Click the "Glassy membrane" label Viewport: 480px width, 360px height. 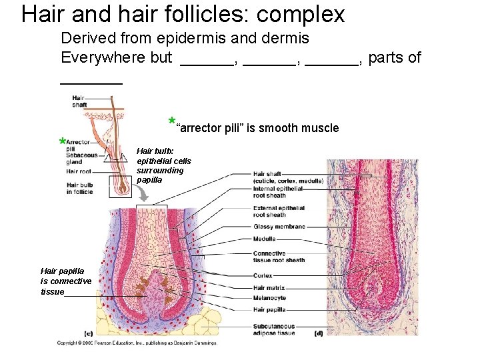(x=279, y=227)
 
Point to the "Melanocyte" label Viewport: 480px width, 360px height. (x=269, y=298)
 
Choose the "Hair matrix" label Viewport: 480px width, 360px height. (x=269, y=287)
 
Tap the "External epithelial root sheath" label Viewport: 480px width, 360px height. (x=279, y=211)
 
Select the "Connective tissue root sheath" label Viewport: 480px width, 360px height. (x=279, y=257)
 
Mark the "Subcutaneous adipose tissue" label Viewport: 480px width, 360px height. (x=273, y=329)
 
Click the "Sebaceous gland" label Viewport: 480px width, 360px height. (x=82, y=159)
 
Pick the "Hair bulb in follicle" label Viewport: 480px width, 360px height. (x=79, y=188)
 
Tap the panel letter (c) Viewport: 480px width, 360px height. (x=88, y=333)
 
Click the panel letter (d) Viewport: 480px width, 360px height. (x=319, y=333)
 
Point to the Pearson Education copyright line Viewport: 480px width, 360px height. (x=137, y=343)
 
